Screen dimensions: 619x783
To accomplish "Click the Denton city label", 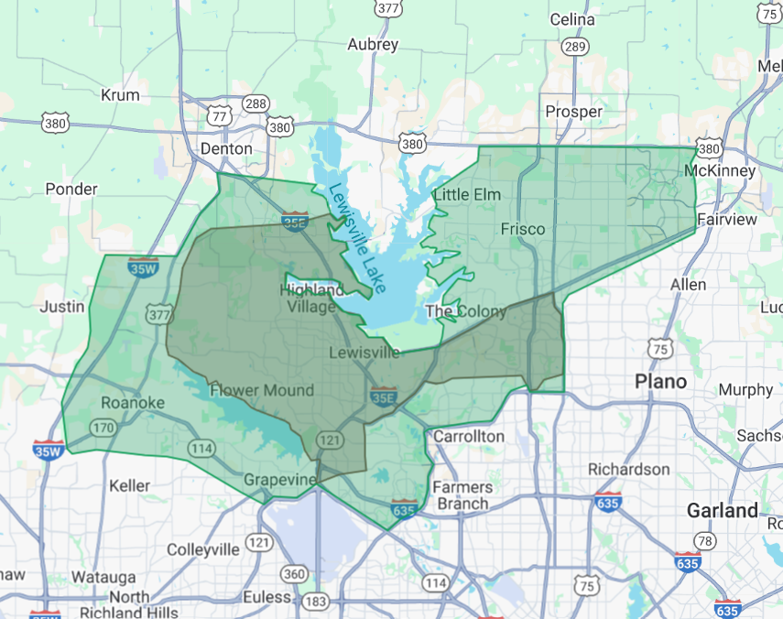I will [x=225, y=148].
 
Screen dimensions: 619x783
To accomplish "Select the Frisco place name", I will [x=523, y=229].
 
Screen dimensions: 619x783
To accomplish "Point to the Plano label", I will [x=661, y=381].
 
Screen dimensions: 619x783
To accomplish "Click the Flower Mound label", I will [x=262, y=390].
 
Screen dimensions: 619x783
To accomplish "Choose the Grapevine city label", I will [x=279, y=480].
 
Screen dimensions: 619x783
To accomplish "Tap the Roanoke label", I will [x=133, y=403].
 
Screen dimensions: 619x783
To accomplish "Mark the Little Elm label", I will [x=467, y=194].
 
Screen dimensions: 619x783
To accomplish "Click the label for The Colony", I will [x=466, y=311].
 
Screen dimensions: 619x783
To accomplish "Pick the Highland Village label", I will [x=311, y=299].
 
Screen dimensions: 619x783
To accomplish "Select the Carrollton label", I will [x=468, y=436].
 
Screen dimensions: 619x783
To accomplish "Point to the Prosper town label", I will [x=573, y=112].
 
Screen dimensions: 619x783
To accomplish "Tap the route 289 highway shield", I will [x=575, y=46].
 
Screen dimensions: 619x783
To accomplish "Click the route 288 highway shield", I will [x=256, y=104].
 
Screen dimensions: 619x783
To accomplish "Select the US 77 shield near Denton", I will [x=219, y=116].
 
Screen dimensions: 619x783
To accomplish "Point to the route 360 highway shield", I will [x=294, y=574].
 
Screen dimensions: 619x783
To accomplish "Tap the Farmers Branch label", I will [x=462, y=495].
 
